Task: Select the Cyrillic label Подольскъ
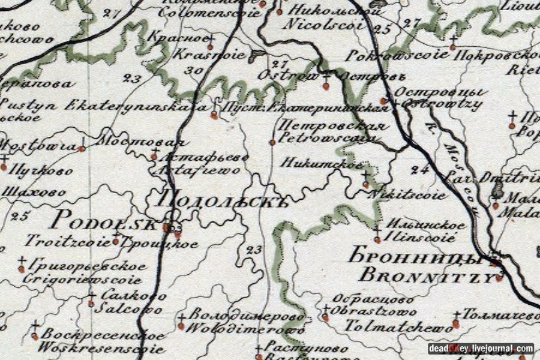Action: pos(222,199)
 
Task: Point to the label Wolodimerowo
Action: pos(243,329)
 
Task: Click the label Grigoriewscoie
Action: pos(82,279)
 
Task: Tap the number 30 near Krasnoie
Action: pos(193,71)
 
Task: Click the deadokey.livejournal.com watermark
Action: pos(481,348)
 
